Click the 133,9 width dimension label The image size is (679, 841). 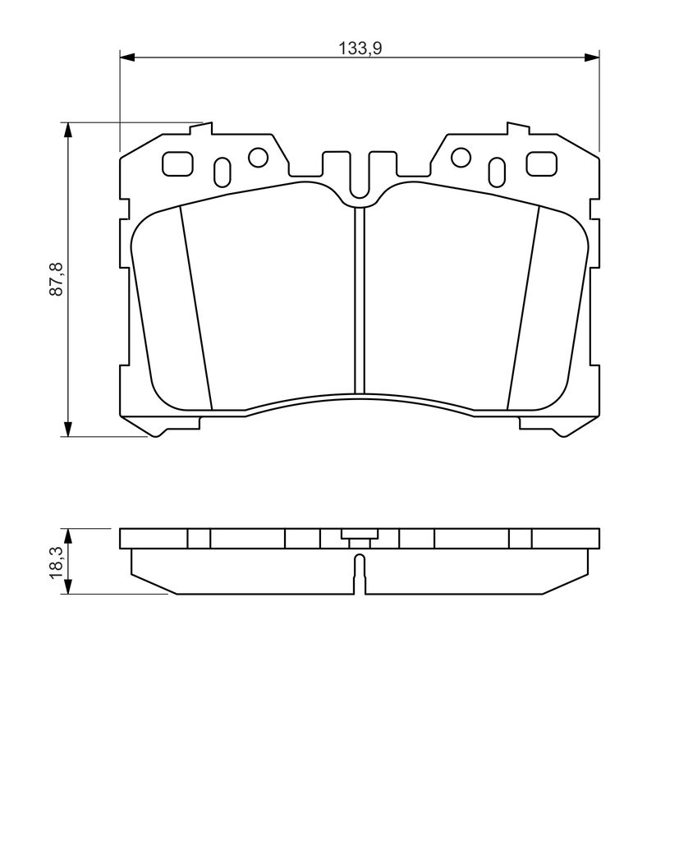point(360,48)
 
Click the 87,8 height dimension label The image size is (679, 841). point(57,278)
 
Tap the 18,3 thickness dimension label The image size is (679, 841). point(57,562)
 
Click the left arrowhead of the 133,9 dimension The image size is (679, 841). point(126,57)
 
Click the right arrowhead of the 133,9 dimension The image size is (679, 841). point(592,57)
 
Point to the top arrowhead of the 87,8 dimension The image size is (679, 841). point(67,130)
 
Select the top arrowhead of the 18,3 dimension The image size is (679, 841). point(67,535)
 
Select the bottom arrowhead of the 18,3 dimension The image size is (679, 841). point(67,586)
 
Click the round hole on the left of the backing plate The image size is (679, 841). point(258,157)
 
